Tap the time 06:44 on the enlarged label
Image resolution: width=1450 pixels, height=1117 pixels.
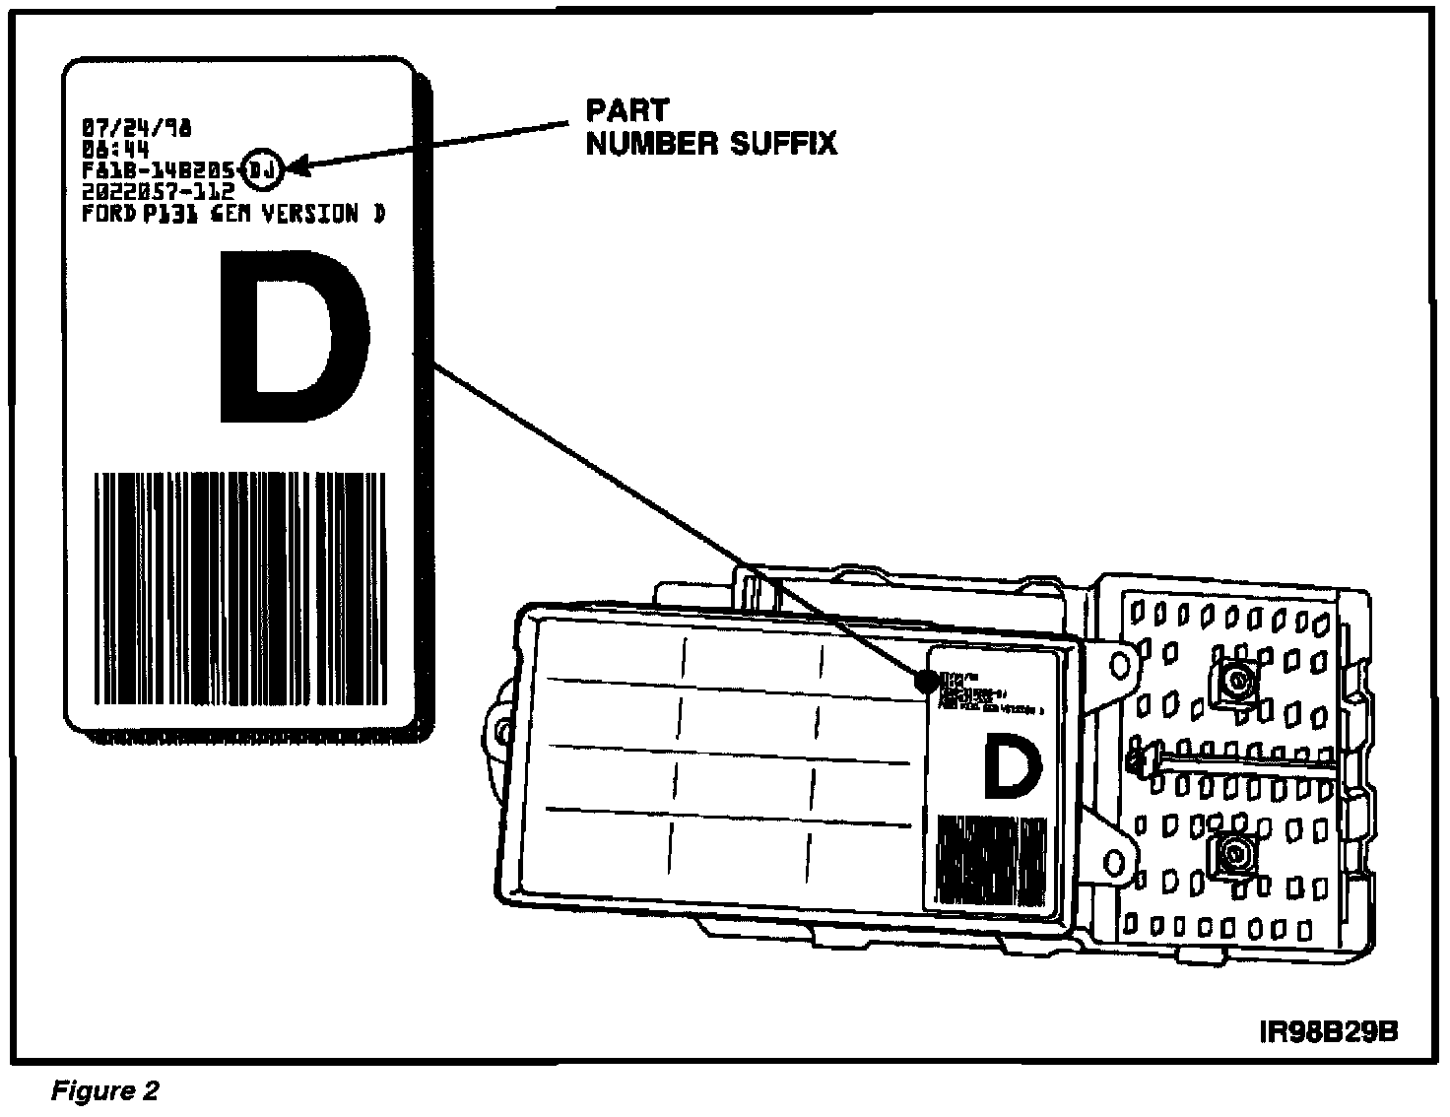tap(116, 150)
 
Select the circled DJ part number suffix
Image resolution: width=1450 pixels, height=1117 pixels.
tap(264, 170)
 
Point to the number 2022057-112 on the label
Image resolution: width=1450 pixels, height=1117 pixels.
tap(159, 191)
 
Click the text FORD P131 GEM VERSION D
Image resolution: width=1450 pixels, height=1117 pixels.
tap(233, 214)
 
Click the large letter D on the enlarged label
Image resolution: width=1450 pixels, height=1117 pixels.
tap(293, 337)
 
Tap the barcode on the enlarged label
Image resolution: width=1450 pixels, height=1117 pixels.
tap(239, 589)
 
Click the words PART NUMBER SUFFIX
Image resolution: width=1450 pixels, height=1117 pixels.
tap(710, 127)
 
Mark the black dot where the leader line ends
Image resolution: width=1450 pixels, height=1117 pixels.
tap(926, 681)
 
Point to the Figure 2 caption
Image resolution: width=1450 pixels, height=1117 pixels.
tap(104, 1091)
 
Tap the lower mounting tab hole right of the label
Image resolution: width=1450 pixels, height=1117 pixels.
tap(1116, 864)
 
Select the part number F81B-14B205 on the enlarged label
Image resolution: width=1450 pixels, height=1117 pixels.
tap(162, 170)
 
